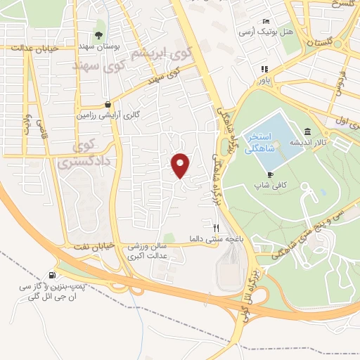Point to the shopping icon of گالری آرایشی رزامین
(106, 101)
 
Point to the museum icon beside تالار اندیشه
(307, 131)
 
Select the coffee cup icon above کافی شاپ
(271, 174)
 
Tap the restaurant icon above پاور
(264, 69)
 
